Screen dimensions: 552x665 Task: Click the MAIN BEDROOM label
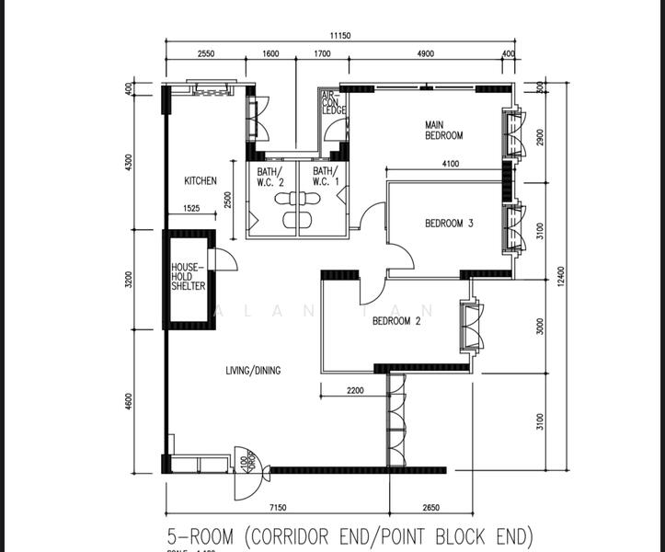tap(443, 130)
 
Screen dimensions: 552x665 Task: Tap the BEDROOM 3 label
tap(449, 223)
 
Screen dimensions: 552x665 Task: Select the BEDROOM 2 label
tap(396, 321)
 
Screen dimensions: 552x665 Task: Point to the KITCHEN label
tap(201, 181)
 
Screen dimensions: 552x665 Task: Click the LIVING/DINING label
tap(253, 371)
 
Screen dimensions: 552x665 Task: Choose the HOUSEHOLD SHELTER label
tap(188, 277)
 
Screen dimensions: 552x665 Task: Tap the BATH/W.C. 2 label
tap(270, 176)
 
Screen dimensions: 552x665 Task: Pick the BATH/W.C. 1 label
tap(325, 176)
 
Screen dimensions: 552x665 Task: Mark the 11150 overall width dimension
tap(339, 37)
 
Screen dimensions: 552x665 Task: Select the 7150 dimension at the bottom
tap(279, 507)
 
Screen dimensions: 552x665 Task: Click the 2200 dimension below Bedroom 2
tap(355, 391)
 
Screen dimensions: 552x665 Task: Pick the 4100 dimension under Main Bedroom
tap(450, 165)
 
